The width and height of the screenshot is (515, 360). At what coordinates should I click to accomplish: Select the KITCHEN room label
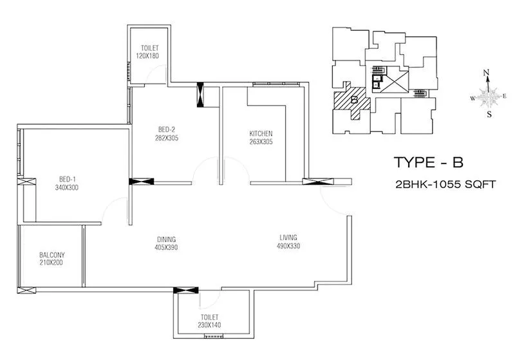261,133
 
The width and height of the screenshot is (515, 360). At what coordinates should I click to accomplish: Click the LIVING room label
288,237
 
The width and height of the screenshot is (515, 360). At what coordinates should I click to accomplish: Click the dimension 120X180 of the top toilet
147,56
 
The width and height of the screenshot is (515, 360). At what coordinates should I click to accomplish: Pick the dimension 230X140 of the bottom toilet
210,325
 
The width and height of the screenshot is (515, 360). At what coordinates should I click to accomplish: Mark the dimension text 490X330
288,246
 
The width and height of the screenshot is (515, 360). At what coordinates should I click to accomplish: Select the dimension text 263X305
261,142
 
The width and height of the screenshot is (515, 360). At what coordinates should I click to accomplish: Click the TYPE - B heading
427,161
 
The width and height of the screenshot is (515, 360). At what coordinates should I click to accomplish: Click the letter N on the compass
487,72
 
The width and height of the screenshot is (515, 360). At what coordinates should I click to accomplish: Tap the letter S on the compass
489,115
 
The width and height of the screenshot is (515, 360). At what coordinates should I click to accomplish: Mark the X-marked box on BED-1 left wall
28,183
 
